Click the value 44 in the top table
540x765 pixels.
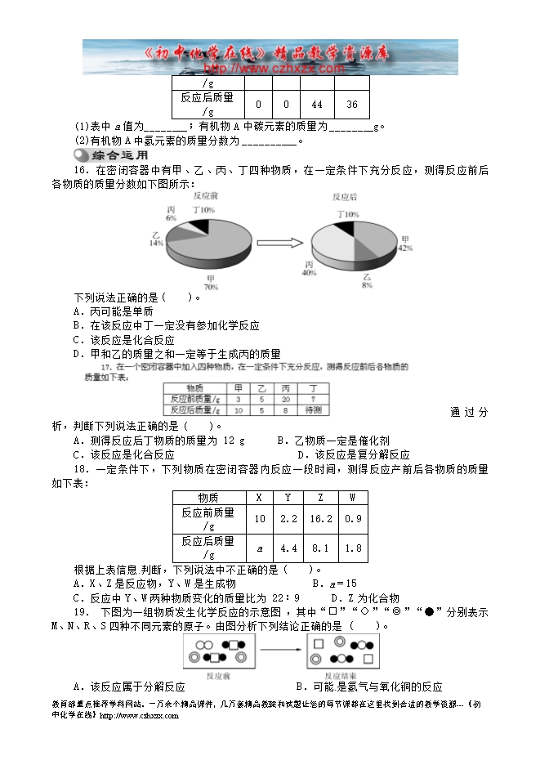(318, 105)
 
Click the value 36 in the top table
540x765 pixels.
(352, 105)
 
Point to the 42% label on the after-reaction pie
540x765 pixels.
(404, 244)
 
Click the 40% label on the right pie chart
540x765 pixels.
(309, 269)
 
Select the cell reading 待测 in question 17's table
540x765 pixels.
(311, 409)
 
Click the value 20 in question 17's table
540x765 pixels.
(285, 399)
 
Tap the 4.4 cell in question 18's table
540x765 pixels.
(288, 548)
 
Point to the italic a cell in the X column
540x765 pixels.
(259, 548)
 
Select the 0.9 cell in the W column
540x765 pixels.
(352, 519)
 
